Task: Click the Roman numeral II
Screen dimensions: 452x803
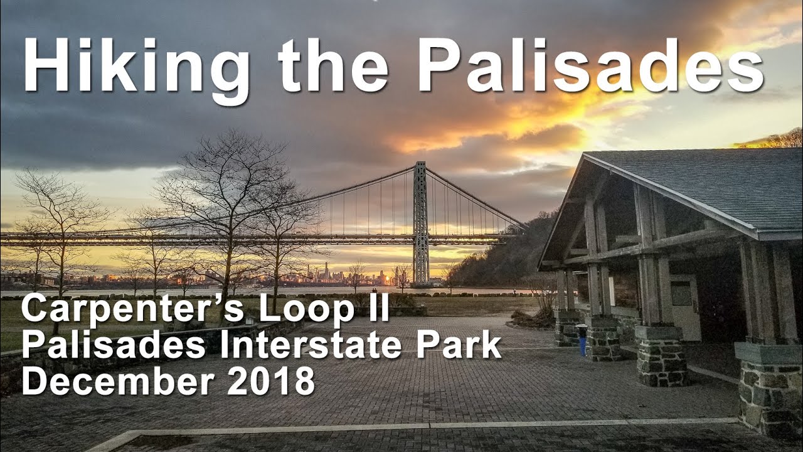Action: (x=376, y=309)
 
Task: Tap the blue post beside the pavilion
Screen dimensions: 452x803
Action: (x=582, y=342)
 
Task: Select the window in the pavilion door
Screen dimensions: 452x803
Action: (x=681, y=293)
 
